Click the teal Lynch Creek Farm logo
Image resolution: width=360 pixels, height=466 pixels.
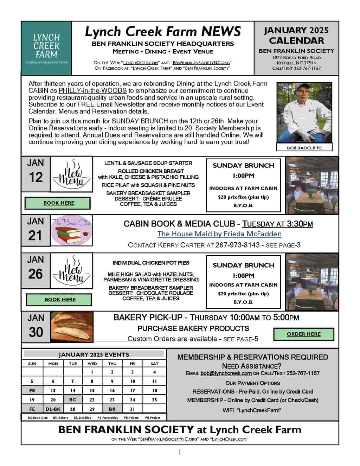coord(46,48)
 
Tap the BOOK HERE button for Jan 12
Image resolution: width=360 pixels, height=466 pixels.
coord(59,203)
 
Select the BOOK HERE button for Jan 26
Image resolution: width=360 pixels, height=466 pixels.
coord(60,300)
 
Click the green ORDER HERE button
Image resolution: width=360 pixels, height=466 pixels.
coord(304,334)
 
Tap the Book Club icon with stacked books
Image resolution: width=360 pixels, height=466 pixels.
coord(72,230)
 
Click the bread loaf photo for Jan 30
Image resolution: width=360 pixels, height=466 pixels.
coord(72,327)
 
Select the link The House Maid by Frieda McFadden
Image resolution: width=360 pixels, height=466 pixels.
coord(219,234)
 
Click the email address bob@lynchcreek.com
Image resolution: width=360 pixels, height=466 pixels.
coord(226,373)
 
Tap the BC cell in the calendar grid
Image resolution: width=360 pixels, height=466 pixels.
coord(73,400)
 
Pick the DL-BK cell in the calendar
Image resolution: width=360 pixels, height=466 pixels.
coord(53,409)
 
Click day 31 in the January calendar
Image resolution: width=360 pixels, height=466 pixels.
coord(133,409)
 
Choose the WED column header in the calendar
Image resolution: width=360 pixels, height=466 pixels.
coord(92,364)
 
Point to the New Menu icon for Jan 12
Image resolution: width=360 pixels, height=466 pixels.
coord(71,174)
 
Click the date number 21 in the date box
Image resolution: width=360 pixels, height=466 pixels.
coord(35,235)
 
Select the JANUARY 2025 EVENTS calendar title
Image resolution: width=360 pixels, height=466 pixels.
coord(94,355)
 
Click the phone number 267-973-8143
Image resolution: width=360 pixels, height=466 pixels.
coord(237,245)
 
